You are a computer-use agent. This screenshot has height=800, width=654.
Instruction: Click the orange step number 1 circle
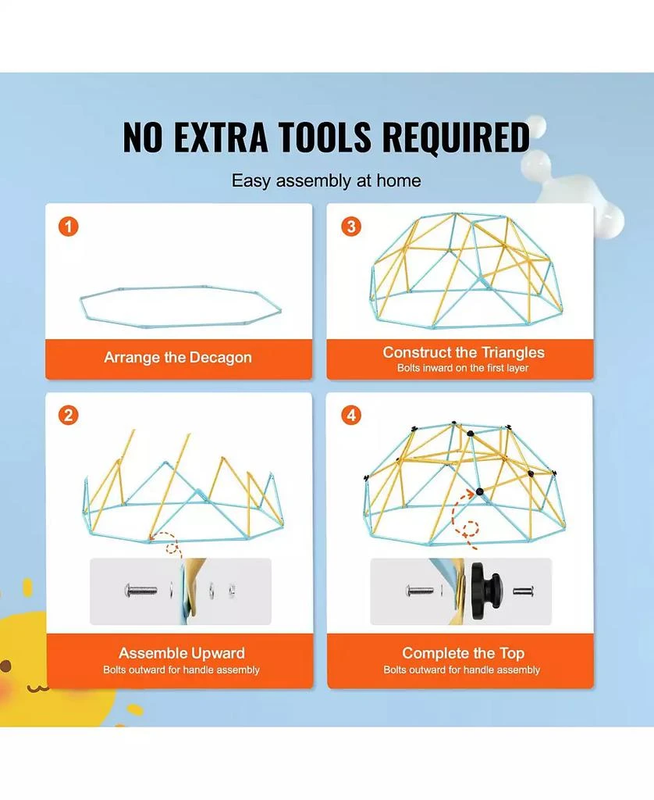(x=69, y=226)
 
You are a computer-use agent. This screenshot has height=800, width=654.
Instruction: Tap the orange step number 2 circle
(x=69, y=416)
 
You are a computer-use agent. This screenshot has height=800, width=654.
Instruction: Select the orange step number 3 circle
(x=350, y=226)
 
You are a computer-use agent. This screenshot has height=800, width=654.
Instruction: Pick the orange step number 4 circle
(x=350, y=416)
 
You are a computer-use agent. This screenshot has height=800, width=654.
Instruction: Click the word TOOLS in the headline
(x=325, y=137)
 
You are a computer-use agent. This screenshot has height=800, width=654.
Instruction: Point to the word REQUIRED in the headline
(x=456, y=137)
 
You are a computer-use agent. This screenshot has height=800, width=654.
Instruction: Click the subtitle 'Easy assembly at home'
(x=326, y=180)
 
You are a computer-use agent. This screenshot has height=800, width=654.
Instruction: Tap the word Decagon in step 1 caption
(x=220, y=358)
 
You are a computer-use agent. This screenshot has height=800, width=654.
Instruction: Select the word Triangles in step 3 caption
(x=513, y=352)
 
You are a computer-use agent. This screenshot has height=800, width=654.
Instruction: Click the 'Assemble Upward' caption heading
(x=182, y=653)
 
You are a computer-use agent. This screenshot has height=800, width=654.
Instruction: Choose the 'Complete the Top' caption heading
(x=463, y=653)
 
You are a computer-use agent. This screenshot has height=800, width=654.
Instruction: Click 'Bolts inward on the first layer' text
(x=463, y=368)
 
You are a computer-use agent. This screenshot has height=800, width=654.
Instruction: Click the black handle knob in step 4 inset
(x=484, y=591)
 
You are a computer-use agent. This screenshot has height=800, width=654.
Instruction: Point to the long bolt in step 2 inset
(x=141, y=591)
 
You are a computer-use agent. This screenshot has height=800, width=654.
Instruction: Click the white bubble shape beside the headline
(x=571, y=179)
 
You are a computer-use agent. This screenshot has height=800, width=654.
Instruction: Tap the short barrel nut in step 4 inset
(x=522, y=591)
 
